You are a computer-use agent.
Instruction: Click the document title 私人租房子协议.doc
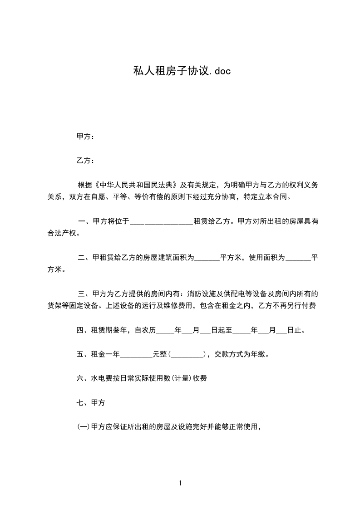point(180,71)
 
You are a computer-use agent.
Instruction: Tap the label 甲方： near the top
point(85,137)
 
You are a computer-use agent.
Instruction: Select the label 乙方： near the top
point(85,161)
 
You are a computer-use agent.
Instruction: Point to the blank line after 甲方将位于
point(162,222)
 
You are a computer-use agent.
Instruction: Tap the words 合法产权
point(62,234)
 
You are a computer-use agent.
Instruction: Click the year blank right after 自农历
point(165,331)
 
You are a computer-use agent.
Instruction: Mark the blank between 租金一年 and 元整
point(136,355)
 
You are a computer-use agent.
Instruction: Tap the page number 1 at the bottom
point(180,483)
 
